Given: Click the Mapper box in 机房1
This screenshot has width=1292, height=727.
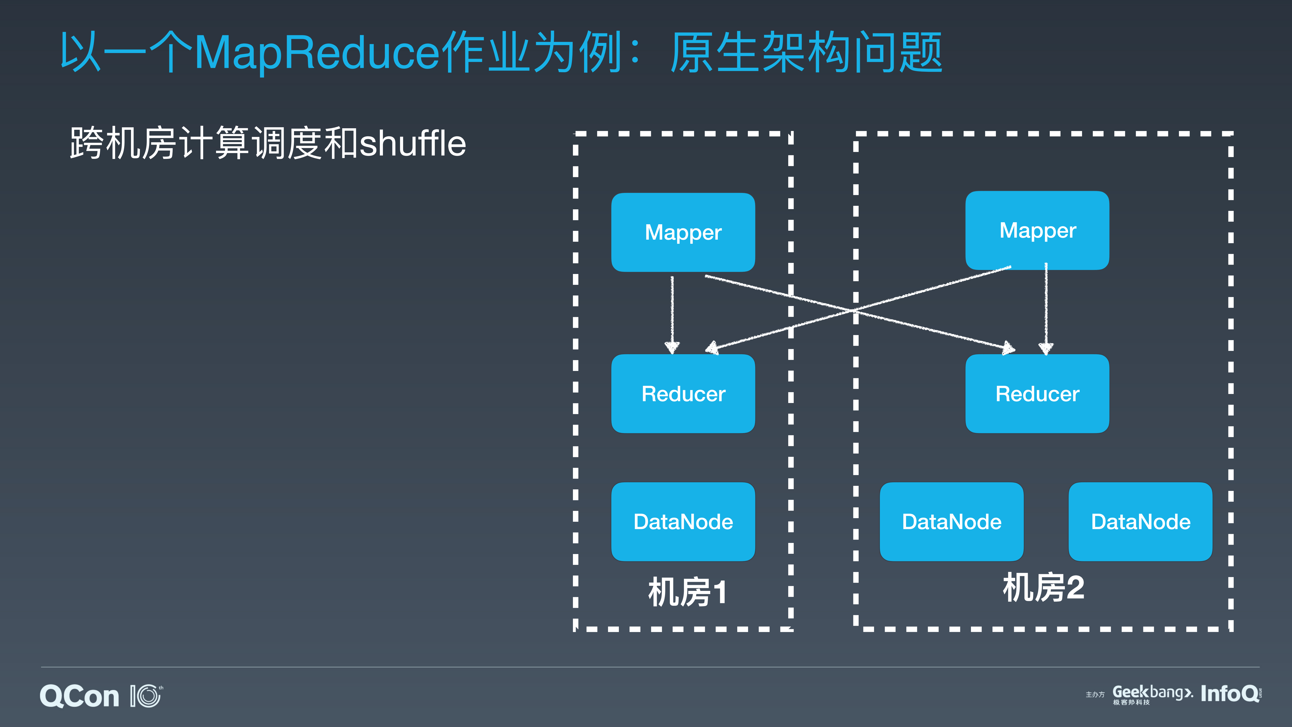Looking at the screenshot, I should [x=683, y=232].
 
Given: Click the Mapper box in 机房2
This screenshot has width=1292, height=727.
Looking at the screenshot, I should [x=1037, y=230].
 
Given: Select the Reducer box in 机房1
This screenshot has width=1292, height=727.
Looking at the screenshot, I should [x=683, y=394].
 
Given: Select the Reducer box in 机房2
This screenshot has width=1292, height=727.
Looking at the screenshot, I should [x=1037, y=394].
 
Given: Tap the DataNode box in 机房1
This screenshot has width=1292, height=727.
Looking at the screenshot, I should [x=683, y=522].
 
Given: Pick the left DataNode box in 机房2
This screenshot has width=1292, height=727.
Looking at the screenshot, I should [x=952, y=522].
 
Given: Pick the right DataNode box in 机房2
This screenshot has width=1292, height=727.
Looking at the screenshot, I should [x=1141, y=522].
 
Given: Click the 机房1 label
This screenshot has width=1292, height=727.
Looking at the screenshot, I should [x=687, y=592].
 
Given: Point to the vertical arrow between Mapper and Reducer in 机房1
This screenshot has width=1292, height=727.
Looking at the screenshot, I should [x=672, y=314].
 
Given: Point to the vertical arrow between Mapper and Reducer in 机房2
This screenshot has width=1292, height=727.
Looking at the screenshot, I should [x=1046, y=309].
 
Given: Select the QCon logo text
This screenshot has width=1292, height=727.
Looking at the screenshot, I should [x=79, y=696].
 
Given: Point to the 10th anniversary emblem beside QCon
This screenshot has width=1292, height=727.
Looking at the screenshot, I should [x=146, y=696].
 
